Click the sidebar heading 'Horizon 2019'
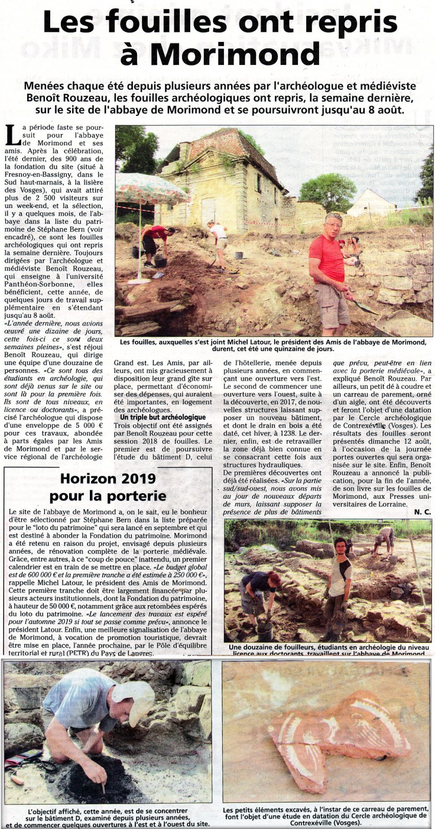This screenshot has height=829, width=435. pyautogui.click(x=108, y=479)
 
